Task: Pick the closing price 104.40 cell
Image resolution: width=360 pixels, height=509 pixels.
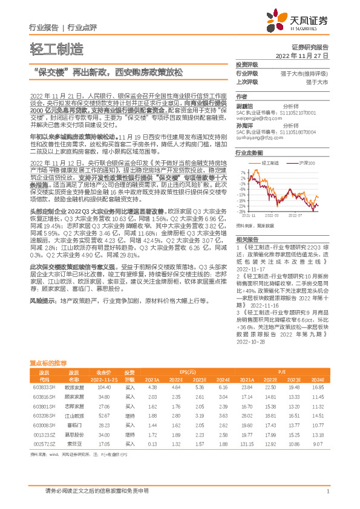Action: click(x=103, y=403)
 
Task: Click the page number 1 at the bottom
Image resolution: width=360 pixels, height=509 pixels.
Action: click(x=327, y=491)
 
